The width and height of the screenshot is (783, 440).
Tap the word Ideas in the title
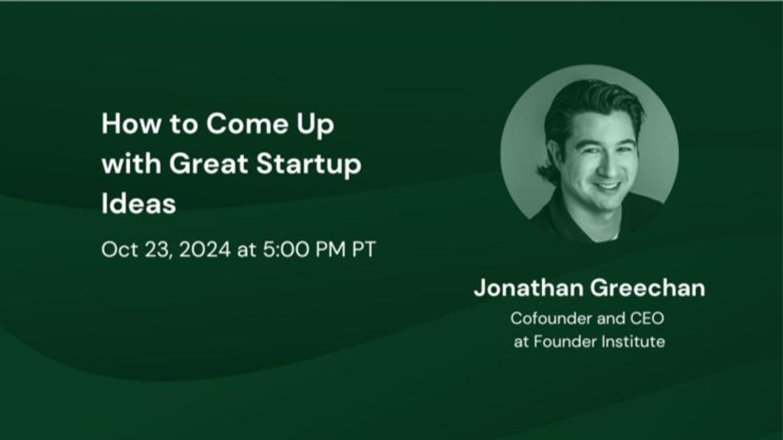[x=139, y=203]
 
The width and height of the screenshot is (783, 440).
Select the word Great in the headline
[x=209, y=163]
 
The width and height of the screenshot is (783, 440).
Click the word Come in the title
[x=248, y=123]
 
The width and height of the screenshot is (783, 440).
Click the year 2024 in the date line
[x=205, y=250]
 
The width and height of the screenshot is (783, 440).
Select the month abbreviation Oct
[x=119, y=250]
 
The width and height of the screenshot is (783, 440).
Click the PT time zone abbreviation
[x=364, y=250]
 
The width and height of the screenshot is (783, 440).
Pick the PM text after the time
[x=331, y=250]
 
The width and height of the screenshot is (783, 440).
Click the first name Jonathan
[x=529, y=288]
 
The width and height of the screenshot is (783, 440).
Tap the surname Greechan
[x=648, y=288]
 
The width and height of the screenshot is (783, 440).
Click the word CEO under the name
[x=647, y=319]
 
